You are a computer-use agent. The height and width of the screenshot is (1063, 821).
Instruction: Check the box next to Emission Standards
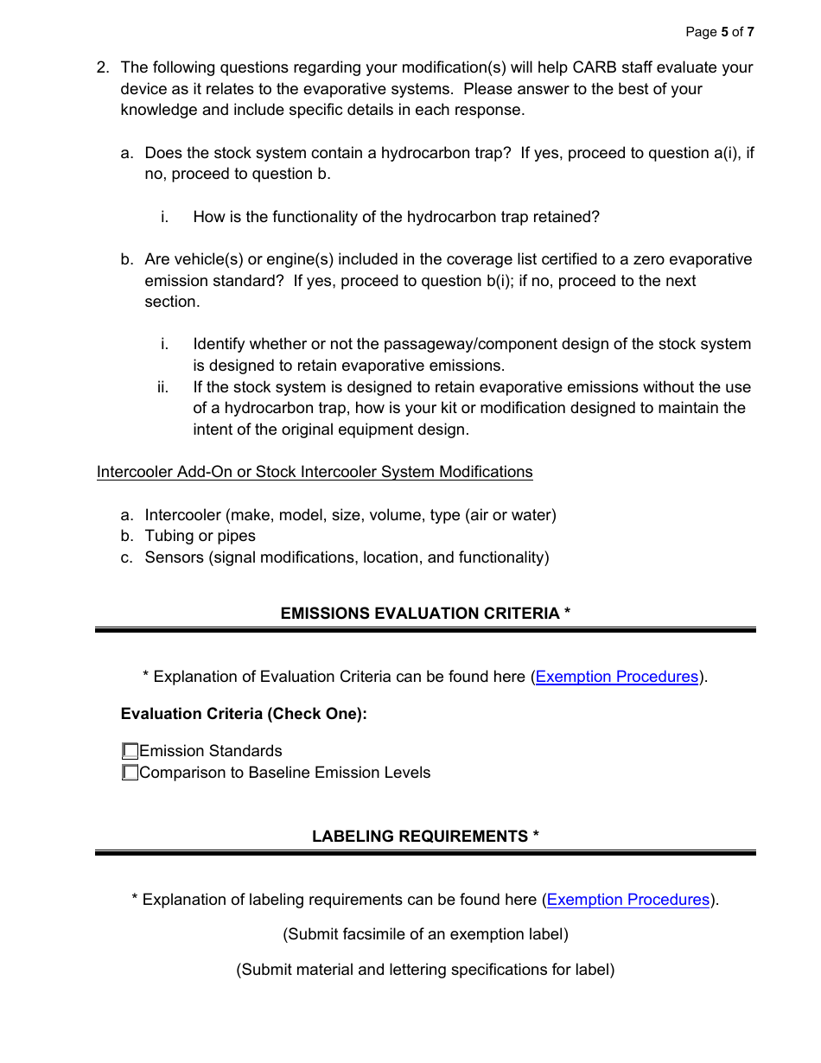pos(130,751)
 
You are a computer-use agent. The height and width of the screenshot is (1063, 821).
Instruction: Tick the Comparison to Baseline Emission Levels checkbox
pos(130,773)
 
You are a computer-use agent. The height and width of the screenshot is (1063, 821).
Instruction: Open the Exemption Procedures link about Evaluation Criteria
pos(617,677)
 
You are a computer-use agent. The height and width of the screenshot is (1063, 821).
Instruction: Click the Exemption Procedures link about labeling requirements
pos(628,900)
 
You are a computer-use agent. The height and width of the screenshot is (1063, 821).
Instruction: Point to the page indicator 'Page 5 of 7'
pos(719,32)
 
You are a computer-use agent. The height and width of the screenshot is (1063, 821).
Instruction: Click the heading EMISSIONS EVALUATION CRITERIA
pos(425,613)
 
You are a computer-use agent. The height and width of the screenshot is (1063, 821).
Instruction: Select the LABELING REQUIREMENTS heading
pos(425,836)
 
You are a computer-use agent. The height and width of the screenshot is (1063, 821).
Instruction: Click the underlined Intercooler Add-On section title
pos(315,472)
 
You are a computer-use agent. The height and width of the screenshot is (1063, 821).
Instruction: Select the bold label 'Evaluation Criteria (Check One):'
pos(244,714)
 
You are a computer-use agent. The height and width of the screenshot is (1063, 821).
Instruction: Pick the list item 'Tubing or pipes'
pos(200,536)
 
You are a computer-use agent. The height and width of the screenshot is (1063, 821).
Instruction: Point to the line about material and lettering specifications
pos(425,970)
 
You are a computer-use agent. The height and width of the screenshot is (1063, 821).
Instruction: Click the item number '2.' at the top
pos(103,67)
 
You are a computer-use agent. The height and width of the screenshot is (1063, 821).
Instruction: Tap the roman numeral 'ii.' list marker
pos(162,387)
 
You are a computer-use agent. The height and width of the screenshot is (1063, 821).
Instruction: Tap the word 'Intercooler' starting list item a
pos(182,515)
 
